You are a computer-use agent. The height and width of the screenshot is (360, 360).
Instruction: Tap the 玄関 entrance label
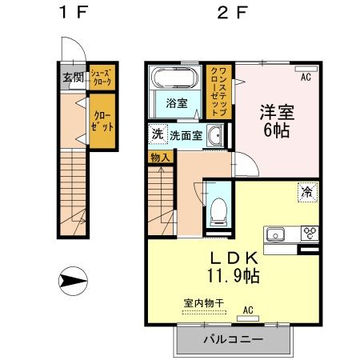point(72,78)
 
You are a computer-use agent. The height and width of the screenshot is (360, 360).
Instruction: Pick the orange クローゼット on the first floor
point(101,122)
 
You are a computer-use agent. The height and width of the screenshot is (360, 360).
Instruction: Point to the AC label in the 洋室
point(305,78)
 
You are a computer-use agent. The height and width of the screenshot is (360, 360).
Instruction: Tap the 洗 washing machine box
point(156,134)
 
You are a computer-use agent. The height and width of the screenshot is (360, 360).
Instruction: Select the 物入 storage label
point(159,158)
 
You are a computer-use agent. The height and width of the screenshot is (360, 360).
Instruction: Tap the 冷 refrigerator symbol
point(306,192)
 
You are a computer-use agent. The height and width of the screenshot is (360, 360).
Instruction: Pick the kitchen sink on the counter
point(276,234)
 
